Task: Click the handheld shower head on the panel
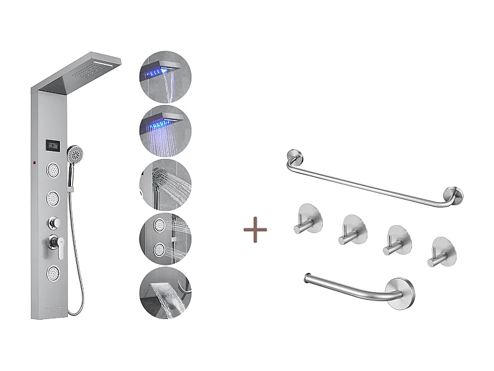(75, 153)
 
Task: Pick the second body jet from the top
(52, 198)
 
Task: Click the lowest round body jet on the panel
(52, 271)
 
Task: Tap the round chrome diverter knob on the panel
(53, 222)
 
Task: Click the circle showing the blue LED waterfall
(165, 77)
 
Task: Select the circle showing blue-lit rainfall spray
(165, 130)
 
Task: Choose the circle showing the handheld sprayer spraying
(165, 184)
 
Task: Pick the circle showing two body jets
(165, 238)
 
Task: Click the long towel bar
(371, 181)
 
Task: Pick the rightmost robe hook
(441, 252)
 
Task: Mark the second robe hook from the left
(352, 230)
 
